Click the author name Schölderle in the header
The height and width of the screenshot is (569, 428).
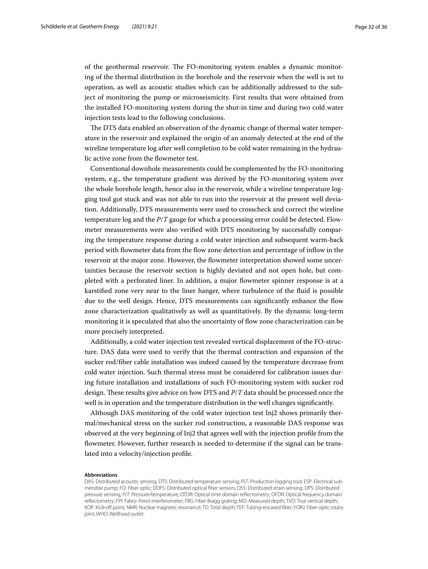pyautogui.click(x=53, y=27)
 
